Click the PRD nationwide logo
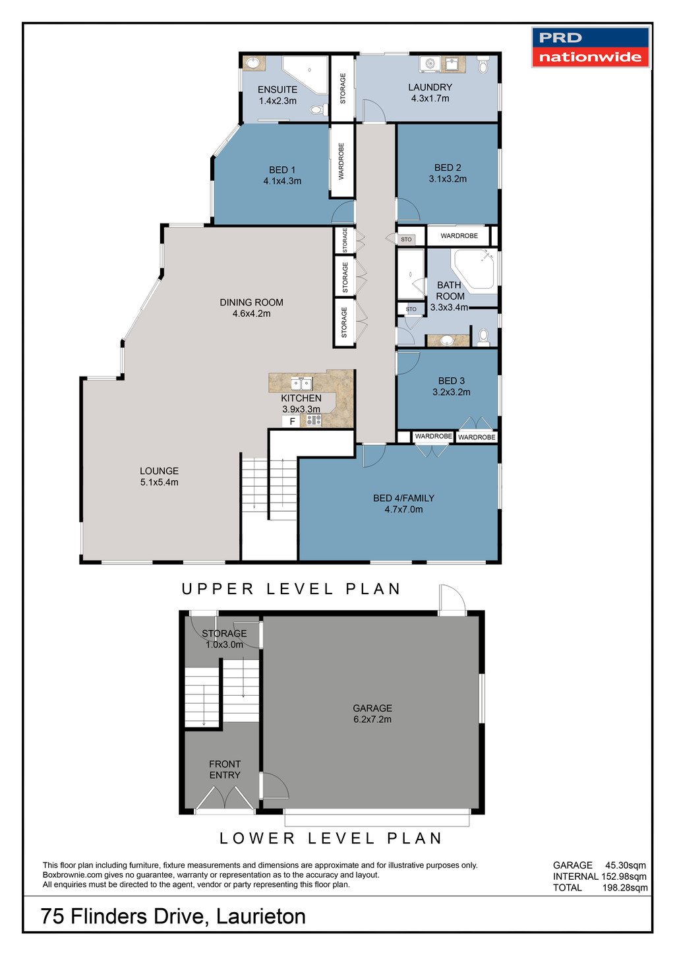[590, 47]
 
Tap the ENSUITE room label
[278, 90]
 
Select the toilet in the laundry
[483, 65]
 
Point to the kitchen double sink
[302, 383]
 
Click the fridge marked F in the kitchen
[292, 421]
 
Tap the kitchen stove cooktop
[314, 420]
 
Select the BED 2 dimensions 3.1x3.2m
[448, 179]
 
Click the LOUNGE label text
[159, 471]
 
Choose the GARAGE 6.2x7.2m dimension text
[372, 720]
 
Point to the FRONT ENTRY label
[225, 769]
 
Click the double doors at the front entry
[225, 798]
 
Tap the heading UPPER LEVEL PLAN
[291, 589]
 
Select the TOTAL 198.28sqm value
[625, 888]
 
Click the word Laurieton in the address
[261, 916]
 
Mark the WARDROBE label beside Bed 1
[341, 161]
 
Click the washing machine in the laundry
[430, 64]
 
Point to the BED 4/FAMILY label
[403, 498]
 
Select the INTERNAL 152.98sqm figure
[624, 877]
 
